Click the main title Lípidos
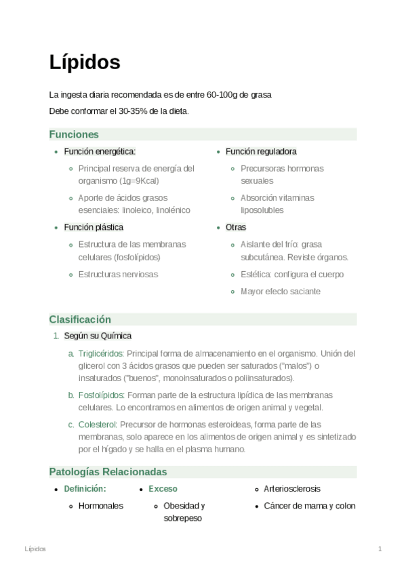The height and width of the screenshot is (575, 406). [x=85, y=62]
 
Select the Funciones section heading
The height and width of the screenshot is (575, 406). [x=74, y=134]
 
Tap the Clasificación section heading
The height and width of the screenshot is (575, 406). [x=80, y=319]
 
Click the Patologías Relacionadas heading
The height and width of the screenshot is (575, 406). [x=108, y=471]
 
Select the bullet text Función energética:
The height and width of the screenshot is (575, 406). [x=99, y=151]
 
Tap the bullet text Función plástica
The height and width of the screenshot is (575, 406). [x=94, y=227]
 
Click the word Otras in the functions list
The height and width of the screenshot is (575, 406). [x=236, y=227]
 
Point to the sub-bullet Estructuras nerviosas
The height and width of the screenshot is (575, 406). [x=118, y=275]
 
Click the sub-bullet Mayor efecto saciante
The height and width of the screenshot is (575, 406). [x=271, y=292]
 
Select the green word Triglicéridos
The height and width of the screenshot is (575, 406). [x=100, y=353]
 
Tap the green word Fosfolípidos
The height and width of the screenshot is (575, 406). [x=101, y=395]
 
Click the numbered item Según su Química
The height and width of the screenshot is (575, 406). [x=98, y=336]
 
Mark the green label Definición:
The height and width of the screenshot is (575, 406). [x=85, y=488]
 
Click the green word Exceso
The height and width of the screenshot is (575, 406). [x=163, y=488]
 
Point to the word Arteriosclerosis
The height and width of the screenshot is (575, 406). [x=292, y=488]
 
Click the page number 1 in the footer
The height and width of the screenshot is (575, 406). [x=380, y=549]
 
